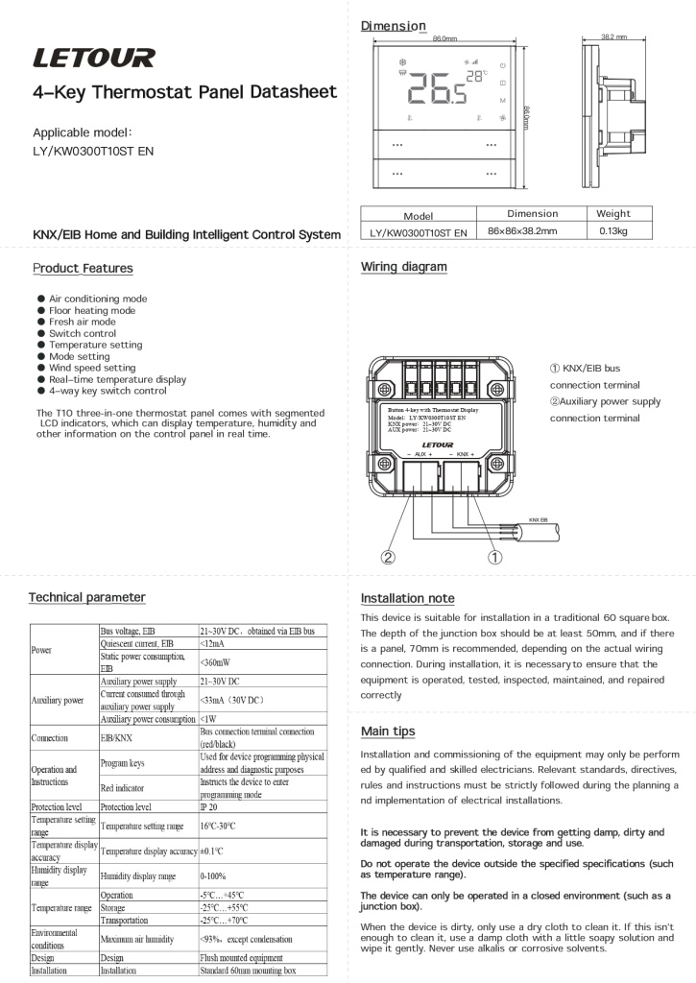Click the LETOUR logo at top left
[x=93, y=60]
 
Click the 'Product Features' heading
[x=83, y=268]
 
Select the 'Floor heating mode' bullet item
[x=92, y=310]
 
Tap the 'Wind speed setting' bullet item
[x=92, y=368]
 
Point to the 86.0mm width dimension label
[x=444, y=38]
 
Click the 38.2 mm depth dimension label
[x=613, y=37]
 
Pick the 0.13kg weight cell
[x=612, y=231]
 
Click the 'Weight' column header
[x=612, y=214]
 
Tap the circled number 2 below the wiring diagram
[x=389, y=556]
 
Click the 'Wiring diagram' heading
[x=403, y=267]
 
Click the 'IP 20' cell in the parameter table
[x=208, y=807]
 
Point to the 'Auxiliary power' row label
[x=60, y=700]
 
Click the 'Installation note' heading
[x=407, y=598]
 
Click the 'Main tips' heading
[x=388, y=731]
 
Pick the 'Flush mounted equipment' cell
[x=241, y=957]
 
